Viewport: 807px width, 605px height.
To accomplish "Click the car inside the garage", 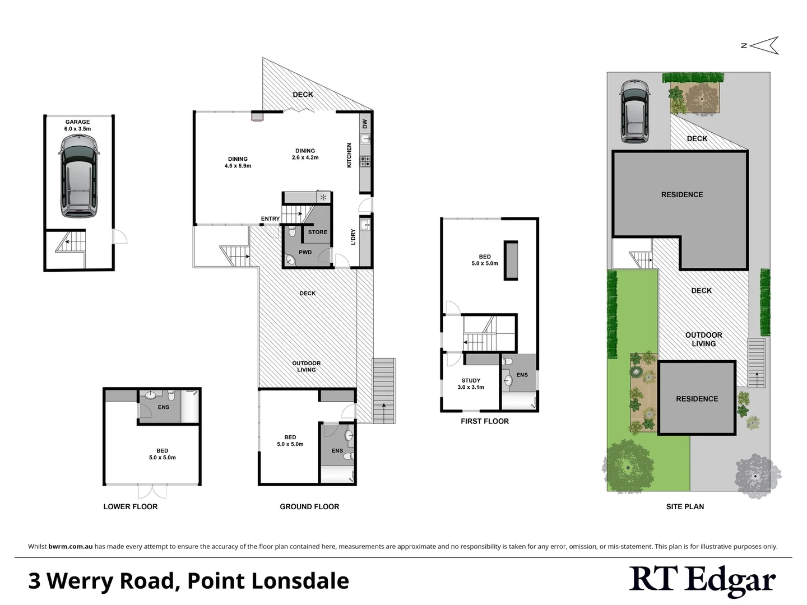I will (78, 176).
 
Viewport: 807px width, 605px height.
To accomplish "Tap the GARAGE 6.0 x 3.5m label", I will (77, 125).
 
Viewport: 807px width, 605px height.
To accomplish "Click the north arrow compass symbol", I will (764, 45).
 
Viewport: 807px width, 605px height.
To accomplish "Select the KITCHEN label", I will (349, 155).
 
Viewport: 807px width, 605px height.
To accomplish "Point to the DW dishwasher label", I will (364, 124).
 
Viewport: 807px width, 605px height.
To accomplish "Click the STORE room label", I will (317, 232).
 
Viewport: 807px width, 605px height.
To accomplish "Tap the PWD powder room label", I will (305, 252).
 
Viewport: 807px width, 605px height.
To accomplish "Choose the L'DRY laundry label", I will (353, 237).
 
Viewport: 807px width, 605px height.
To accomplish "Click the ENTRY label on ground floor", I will (270, 219).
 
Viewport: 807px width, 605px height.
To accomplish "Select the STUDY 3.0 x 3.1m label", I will (471, 384).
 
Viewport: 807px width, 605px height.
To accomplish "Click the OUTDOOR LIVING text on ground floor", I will (307, 366).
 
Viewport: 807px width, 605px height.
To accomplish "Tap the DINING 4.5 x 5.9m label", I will (238, 162).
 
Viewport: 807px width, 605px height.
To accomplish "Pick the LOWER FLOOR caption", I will (131, 506).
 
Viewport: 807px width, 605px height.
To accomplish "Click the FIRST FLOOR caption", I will (485, 421).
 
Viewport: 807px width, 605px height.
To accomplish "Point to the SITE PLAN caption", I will (685, 506).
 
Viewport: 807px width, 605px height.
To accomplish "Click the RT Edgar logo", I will (702, 580).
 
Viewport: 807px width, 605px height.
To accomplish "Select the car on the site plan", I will (634, 112).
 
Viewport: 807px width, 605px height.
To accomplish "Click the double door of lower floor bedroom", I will (152, 491).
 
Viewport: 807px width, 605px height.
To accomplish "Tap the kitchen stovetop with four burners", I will (365, 161).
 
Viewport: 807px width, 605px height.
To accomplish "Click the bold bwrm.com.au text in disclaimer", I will (71, 546).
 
